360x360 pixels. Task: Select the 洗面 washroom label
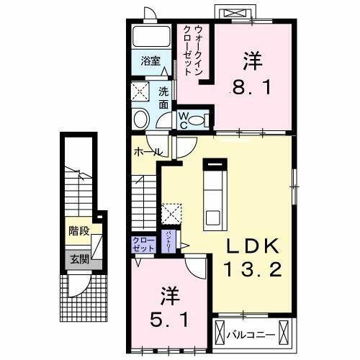163,97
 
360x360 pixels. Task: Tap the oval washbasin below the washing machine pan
141,118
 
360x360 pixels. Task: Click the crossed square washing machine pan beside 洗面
141,91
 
